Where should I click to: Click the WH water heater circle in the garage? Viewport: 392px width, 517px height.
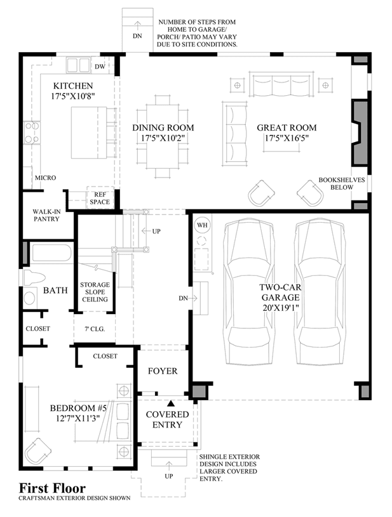[x=202, y=225]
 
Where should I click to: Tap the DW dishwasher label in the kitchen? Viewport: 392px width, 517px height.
[x=100, y=67]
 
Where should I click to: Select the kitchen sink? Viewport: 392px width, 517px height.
[x=78, y=65]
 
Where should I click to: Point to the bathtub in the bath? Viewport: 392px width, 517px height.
[x=51, y=253]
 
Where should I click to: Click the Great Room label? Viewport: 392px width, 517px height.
[x=287, y=128]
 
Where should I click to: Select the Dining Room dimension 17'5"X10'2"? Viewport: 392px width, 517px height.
[x=163, y=138]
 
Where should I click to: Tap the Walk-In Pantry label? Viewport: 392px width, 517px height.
[x=46, y=215]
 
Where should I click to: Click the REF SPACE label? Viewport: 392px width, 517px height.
[x=100, y=198]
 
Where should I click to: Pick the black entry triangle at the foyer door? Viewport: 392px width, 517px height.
[x=171, y=403]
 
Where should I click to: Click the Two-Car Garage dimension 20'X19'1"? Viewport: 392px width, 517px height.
[x=280, y=308]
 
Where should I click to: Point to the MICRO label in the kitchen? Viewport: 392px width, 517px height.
[x=46, y=178]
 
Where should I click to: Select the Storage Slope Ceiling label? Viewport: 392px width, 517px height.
[x=95, y=292]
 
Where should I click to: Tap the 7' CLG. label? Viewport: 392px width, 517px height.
[x=95, y=329]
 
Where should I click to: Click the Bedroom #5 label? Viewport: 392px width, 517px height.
[x=78, y=408]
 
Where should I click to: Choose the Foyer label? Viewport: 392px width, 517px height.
[x=163, y=371]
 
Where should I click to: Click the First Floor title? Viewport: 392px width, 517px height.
[x=52, y=488]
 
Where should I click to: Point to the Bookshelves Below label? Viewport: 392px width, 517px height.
[x=342, y=183]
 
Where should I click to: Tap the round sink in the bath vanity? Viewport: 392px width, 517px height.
[x=29, y=298]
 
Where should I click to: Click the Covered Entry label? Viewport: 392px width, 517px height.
[x=168, y=419]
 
